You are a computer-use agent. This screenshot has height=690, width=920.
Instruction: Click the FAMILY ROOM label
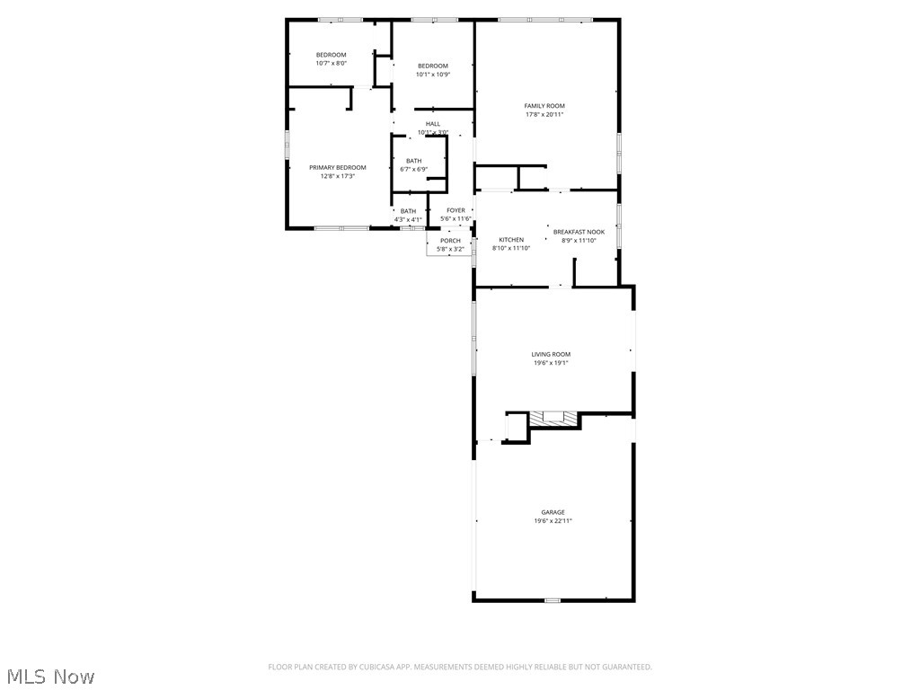(x=544, y=106)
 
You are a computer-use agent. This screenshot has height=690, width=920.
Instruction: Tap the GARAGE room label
(x=553, y=512)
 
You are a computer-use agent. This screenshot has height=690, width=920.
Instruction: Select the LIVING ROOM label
(x=550, y=355)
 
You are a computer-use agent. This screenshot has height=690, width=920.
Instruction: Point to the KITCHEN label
(x=511, y=240)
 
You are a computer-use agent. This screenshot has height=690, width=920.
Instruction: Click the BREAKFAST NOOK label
(x=579, y=232)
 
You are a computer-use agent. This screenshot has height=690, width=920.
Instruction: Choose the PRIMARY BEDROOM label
(x=338, y=168)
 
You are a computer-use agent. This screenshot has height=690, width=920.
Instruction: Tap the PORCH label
(x=450, y=241)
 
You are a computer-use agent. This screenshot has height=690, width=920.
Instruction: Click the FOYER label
(x=456, y=210)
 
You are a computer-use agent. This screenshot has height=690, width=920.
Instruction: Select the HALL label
(x=433, y=124)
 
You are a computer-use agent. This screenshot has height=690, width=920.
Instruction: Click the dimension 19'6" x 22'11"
(x=553, y=521)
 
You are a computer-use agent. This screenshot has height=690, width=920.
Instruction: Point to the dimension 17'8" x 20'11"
(x=544, y=115)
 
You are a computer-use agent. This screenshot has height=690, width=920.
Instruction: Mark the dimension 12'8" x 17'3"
(x=338, y=177)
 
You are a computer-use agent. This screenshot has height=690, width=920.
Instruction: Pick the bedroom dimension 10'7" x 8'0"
(x=331, y=64)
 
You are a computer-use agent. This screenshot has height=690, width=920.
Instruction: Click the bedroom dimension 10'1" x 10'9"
(x=432, y=75)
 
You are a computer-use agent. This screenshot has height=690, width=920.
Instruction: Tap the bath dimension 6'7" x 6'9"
(x=413, y=169)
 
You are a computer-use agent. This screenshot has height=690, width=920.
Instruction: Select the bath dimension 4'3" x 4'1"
(x=408, y=220)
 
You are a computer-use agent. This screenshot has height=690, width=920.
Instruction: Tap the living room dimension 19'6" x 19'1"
(x=550, y=364)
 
